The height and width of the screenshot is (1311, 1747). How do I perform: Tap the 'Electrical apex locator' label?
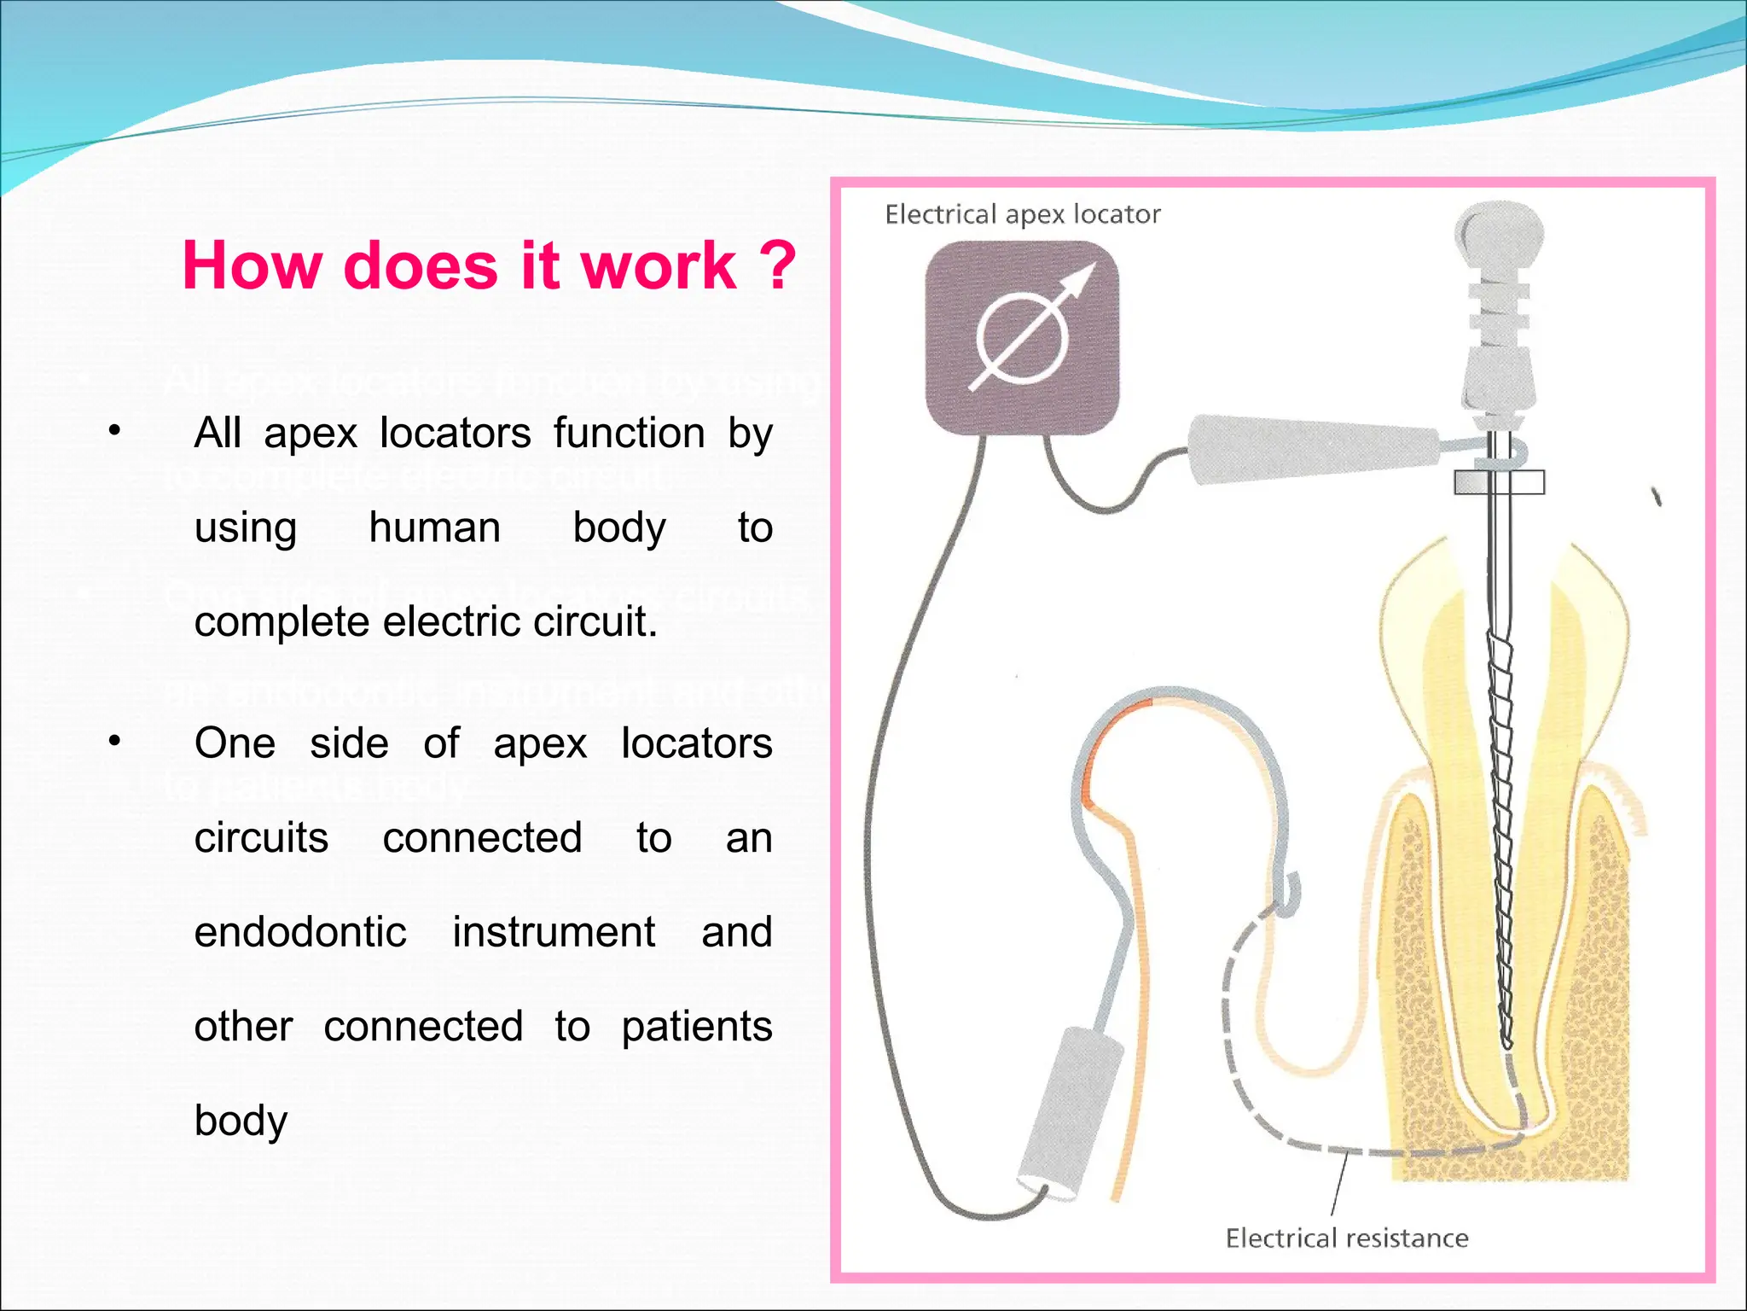pyautogui.click(x=1022, y=214)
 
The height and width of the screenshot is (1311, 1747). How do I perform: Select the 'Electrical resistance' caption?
pyautogui.click(x=1346, y=1238)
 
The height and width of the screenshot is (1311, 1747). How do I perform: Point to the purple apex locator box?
pyautogui.click(x=1022, y=337)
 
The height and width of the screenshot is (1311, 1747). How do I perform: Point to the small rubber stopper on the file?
pyautogui.click(x=1499, y=483)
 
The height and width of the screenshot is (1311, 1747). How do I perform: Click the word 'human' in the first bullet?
pyautogui.click(x=434, y=527)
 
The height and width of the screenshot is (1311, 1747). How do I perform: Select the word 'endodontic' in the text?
pyautogui.click(x=300, y=932)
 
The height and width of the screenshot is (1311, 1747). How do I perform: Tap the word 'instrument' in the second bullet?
pyautogui.click(x=554, y=932)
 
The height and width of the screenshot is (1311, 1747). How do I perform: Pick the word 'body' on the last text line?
pyautogui.click(x=241, y=1120)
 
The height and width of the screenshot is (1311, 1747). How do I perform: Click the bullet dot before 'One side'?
pyautogui.click(x=114, y=741)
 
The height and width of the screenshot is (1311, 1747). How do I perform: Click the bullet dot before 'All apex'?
pyautogui.click(x=114, y=430)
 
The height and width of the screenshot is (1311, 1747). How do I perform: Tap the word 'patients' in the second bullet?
pyautogui.click(x=696, y=1026)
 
